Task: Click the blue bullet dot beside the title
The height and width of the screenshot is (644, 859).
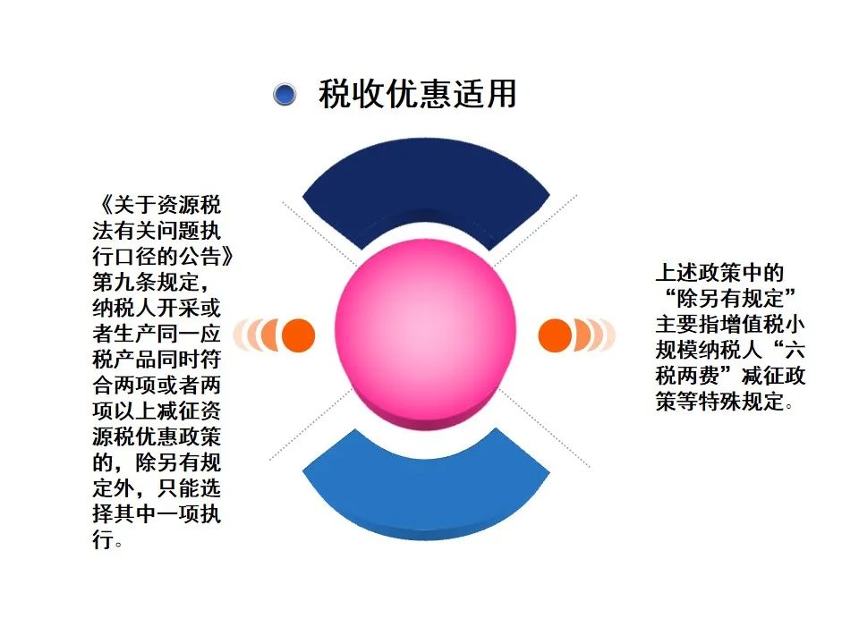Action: pyautogui.click(x=285, y=95)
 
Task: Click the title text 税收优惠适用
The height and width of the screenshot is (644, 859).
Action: pyautogui.click(x=418, y=94)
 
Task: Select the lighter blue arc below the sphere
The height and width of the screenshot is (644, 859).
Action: pyautogui.click(x=426, y=493)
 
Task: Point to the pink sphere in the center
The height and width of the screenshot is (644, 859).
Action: pyautogui.click(x=426, y=332)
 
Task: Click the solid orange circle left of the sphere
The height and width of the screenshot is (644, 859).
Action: pyautogui.click(x=299, y=335)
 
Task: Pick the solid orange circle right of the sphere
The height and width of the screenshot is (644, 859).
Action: pyautogui.click(x=555, y=335)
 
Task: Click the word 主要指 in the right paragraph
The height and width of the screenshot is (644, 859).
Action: pyautogui.click(x=687, y=324)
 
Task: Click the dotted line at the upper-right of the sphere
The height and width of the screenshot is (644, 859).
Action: pyautogui.click(x=536, y=230)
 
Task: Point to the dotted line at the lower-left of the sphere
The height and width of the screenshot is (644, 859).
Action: pyautogui.click(x=310, y=424)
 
